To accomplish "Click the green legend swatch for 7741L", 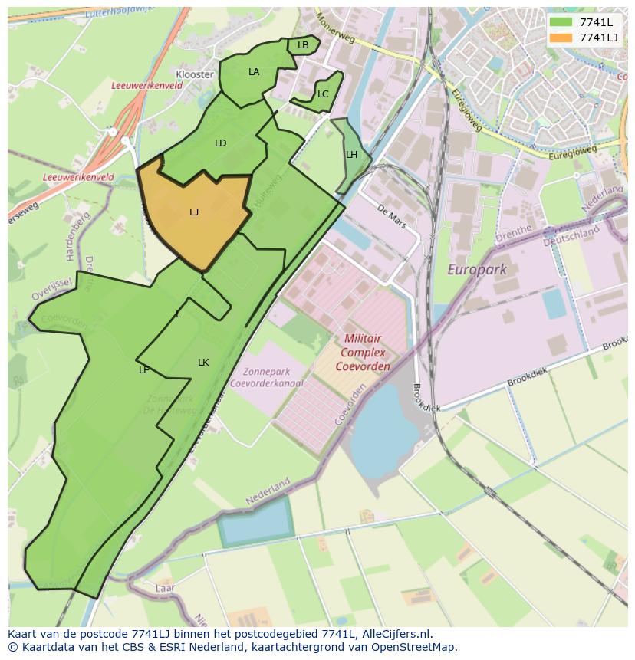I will tap(561, 22).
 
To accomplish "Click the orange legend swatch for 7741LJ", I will tap(561, 38).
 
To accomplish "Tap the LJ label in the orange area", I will tap(194, 212).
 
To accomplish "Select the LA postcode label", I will tap(254, 72).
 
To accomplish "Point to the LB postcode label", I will tap(303, 45).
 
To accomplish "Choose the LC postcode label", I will tap(323, 94).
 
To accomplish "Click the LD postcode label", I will tap(221, 143).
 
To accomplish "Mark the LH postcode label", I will tap(351, 155).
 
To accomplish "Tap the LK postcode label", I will tap(203, 363).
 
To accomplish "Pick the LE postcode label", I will tap(144, 370).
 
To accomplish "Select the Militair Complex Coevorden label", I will tap(363, 352).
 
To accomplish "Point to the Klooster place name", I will tap(195, 74).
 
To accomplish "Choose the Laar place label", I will tap(165, 588).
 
